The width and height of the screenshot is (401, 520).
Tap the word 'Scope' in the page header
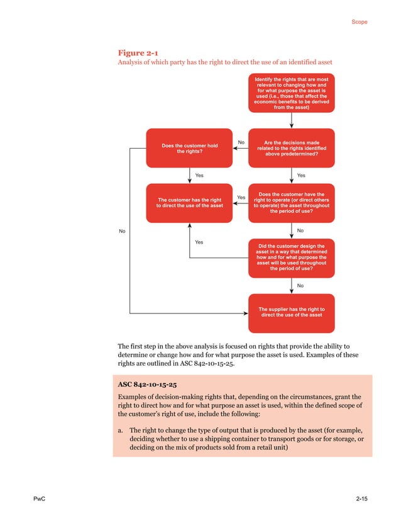[360, 22]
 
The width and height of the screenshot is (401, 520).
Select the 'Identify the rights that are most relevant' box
[292, 93]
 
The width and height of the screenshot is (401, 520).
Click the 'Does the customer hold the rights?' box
[189, 149]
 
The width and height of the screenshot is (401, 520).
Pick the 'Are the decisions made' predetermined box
[292, 149]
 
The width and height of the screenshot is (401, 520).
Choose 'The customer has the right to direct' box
[189, 203]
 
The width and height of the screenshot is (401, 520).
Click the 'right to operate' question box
[292, 203]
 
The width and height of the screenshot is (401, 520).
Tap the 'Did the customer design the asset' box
[292, 257]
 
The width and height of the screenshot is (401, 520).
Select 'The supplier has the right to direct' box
[292, 312]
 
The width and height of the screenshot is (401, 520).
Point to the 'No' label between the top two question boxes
[241, 142]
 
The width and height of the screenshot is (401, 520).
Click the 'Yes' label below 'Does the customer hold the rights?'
[199, 175]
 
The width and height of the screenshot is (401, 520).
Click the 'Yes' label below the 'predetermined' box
[301, 175]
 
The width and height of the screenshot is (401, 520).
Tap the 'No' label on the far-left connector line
[123, 232]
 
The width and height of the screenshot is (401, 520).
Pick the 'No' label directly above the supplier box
[300, 285]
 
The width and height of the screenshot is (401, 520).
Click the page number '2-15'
[361, 499]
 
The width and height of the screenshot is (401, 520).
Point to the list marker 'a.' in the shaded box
[121, 429]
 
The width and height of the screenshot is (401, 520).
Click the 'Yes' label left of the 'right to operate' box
[241, 198]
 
